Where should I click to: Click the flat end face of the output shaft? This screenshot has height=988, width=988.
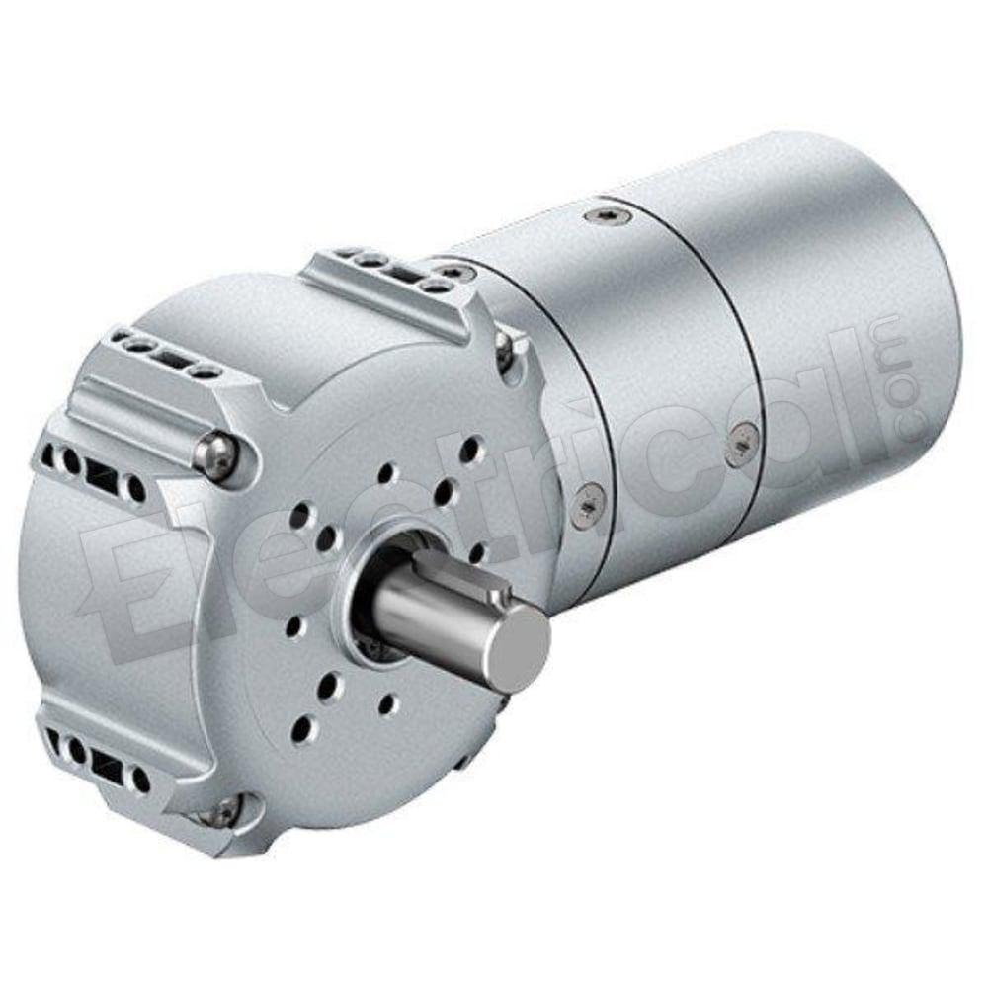tap(521, 649)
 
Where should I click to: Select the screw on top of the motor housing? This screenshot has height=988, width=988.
tap(608, 215)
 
